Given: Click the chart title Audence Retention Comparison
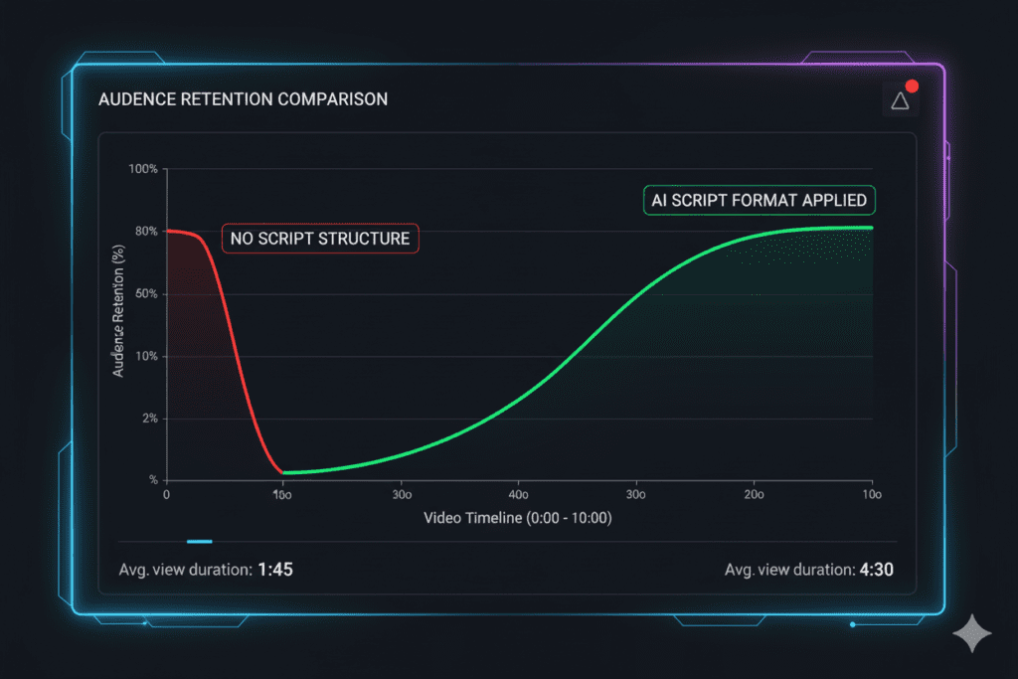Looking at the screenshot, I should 243,99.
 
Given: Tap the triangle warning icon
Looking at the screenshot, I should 900,99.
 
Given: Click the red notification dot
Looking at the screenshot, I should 912,86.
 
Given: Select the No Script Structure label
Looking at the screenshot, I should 320,239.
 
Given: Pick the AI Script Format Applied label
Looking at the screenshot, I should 759,200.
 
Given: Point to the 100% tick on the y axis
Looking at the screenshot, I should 143,169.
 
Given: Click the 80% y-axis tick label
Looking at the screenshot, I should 146,232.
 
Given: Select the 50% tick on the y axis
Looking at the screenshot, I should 146,294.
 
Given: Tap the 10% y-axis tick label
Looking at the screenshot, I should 146,356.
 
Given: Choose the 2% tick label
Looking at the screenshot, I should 148,419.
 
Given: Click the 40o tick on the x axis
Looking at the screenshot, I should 518,495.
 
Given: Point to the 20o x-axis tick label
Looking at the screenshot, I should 754,495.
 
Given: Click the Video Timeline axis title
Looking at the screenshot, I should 517,518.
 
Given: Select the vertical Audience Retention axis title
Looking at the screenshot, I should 119,310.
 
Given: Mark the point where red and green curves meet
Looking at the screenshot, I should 283,472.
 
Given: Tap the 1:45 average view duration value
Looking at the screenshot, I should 274,570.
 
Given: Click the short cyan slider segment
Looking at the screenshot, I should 200,542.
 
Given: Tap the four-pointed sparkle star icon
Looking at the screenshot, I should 971,633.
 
